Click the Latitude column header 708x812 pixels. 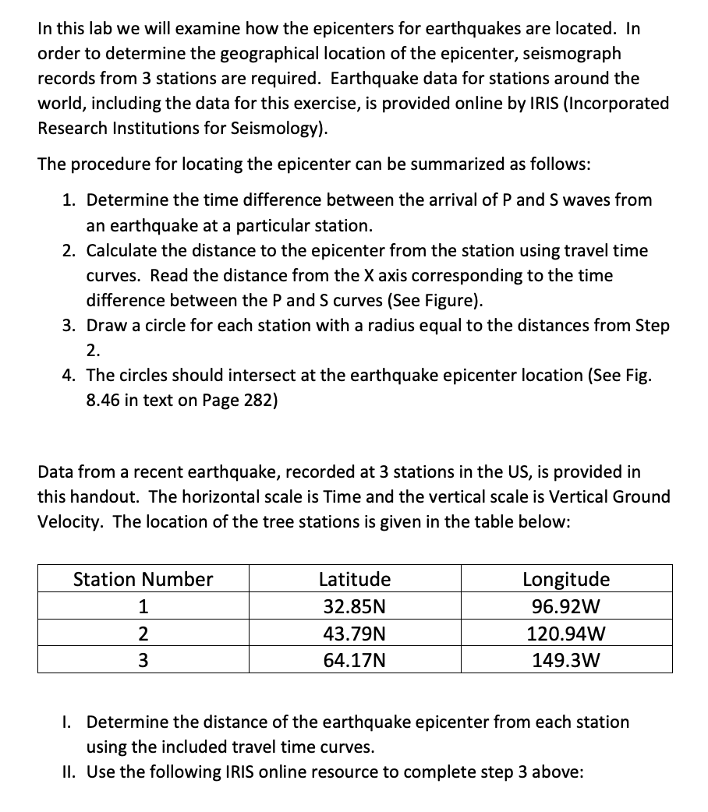pyautogui.click(x=355, y=579)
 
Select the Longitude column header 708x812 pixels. pyautogui.click(x=566, y=579)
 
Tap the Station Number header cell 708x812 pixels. pyautogui.click(x=143, y=579)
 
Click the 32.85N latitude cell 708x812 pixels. pyautogui.click(x=355, y=606)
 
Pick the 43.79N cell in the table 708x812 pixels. pyautogui.click(x=355, y=634)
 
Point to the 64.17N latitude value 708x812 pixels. pyautogui.click(x=355, y=661)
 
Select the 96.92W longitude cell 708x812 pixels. pyautogui.click(x=566, y=606)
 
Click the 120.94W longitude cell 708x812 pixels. pyautogui.click(x=566, y=634)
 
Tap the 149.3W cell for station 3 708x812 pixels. pyautogui.click(x=566, y=661)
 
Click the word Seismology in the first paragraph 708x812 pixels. pyautogui.click(x=277, y=129)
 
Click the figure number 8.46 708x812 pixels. pyautogui.click(x=102, y=401)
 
